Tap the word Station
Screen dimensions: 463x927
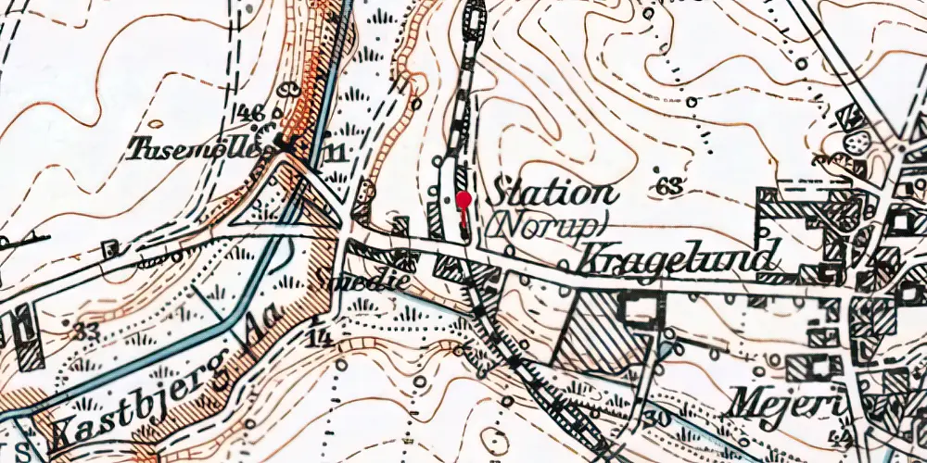(x=553, y=194)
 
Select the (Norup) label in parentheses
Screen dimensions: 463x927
(x=547, y=223)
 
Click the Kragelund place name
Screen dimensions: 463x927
(x=676, y=259)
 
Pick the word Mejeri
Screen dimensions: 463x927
(x=775, y=403)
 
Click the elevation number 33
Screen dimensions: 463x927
(x=85, y=330)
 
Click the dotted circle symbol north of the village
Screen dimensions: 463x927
(x=858, y=142)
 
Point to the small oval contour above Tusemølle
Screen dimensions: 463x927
(x=155, y=123)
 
